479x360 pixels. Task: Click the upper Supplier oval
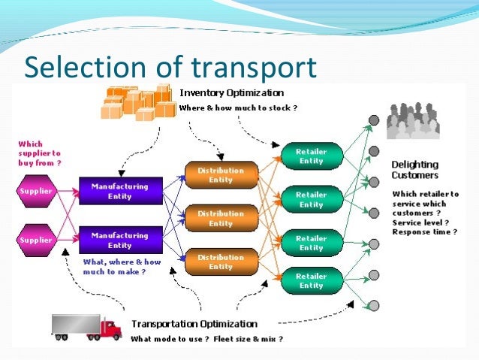coord(37,191)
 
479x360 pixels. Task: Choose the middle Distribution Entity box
coord(220,219)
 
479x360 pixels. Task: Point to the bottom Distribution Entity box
coord(220,262)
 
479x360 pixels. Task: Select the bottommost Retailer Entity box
coord(309,281)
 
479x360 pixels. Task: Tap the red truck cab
coord(110,328)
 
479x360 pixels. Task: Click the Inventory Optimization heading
coord(232,93)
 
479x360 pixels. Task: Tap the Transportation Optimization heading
coord(194,325)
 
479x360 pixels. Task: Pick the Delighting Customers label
coord(415,170)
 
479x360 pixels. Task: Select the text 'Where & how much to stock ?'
coord(238,108)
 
